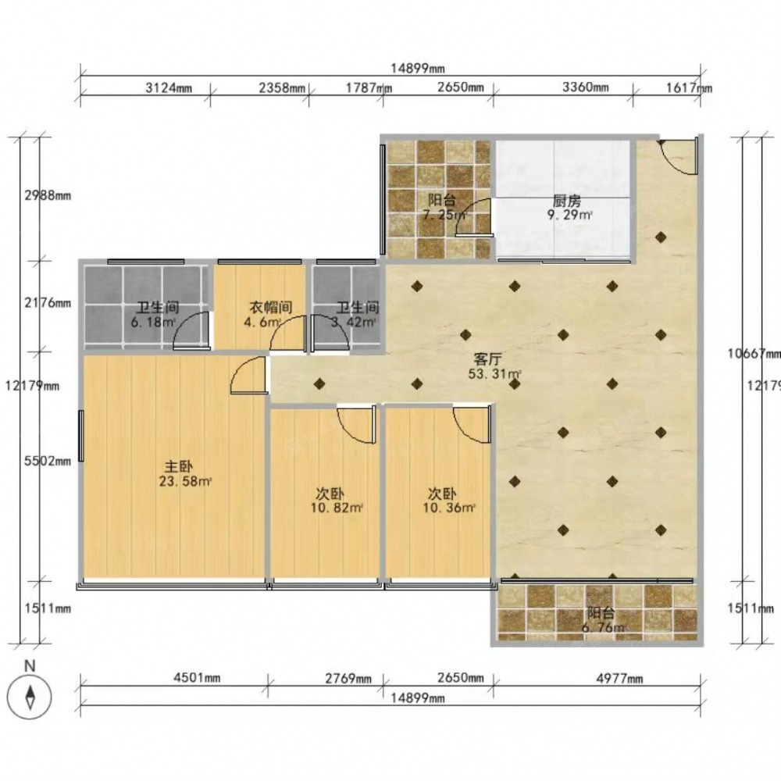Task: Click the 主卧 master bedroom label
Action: [x=179, y=467]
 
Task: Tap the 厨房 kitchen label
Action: [x=567, y=201]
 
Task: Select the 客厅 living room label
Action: [x=487, y=359]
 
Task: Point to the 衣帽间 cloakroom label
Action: [x=270, y=307]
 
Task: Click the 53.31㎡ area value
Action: [x=495, y=373]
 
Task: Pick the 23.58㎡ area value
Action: [x=185, y=481]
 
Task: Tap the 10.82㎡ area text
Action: [x=337, y=508]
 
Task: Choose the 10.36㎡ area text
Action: [x=449, y=508]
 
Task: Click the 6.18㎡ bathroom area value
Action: [x=153, y=322]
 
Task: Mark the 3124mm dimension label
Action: [x=169, y=88]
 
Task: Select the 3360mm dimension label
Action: [x=586, y=87]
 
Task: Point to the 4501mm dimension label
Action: [x=197, y=678]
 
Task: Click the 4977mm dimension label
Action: [x=619, y=679]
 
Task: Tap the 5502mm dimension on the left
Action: [x=48, y=462]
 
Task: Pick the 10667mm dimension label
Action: [x=754, y=354]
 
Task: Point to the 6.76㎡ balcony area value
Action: [x=604, y=628]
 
